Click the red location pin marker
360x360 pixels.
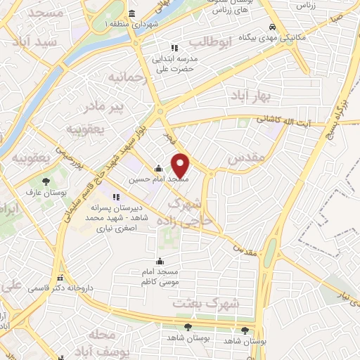181,165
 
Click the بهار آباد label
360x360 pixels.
245,95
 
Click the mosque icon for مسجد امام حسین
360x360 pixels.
159,168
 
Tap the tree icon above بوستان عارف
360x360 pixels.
46,181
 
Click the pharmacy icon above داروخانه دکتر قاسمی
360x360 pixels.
60,278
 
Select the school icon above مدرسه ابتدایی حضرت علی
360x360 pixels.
165,47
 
